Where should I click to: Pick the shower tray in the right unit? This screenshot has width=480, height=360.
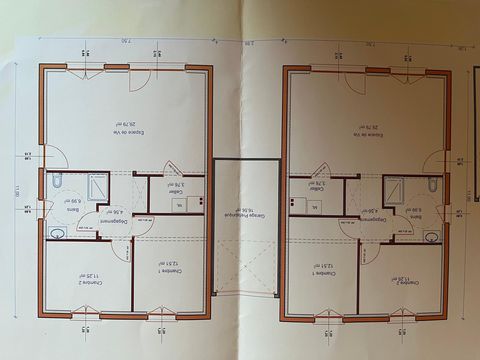click(394, 189)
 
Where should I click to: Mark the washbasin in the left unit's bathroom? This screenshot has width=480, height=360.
click(56, 233)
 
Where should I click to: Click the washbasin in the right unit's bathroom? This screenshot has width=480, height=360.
click(432, 236)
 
